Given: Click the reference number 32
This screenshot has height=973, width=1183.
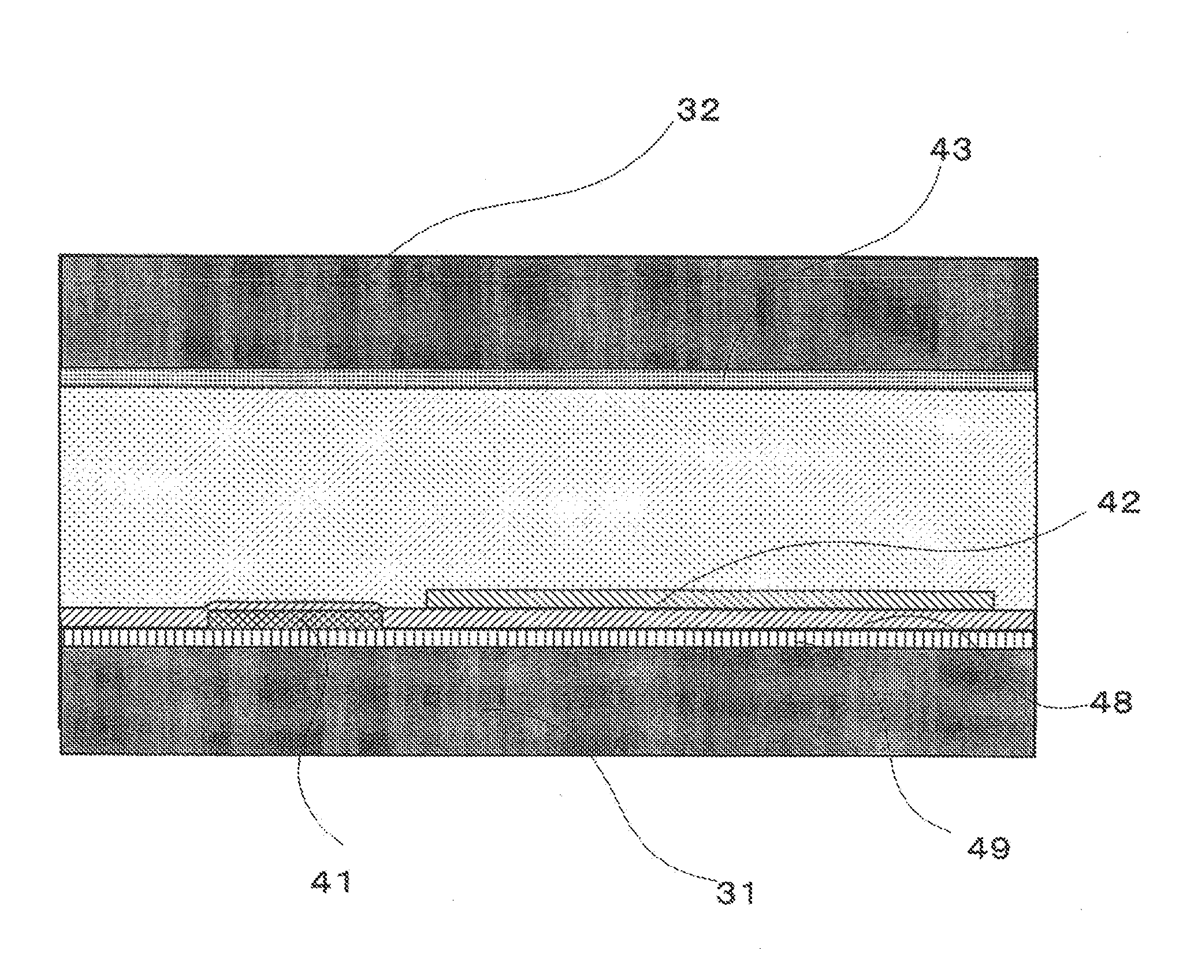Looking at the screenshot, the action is click(698, 110).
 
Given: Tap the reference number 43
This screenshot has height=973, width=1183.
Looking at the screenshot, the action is click(951, 149).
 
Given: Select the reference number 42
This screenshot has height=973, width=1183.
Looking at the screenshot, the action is click(1118, 504).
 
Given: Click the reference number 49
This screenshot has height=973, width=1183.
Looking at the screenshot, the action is click(988, 848).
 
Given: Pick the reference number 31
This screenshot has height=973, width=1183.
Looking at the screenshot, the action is click(735, 893).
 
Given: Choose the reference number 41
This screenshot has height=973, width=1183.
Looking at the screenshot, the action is click(332, 882).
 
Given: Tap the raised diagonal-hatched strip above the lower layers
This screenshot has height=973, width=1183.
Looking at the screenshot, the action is click(710, 599).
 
